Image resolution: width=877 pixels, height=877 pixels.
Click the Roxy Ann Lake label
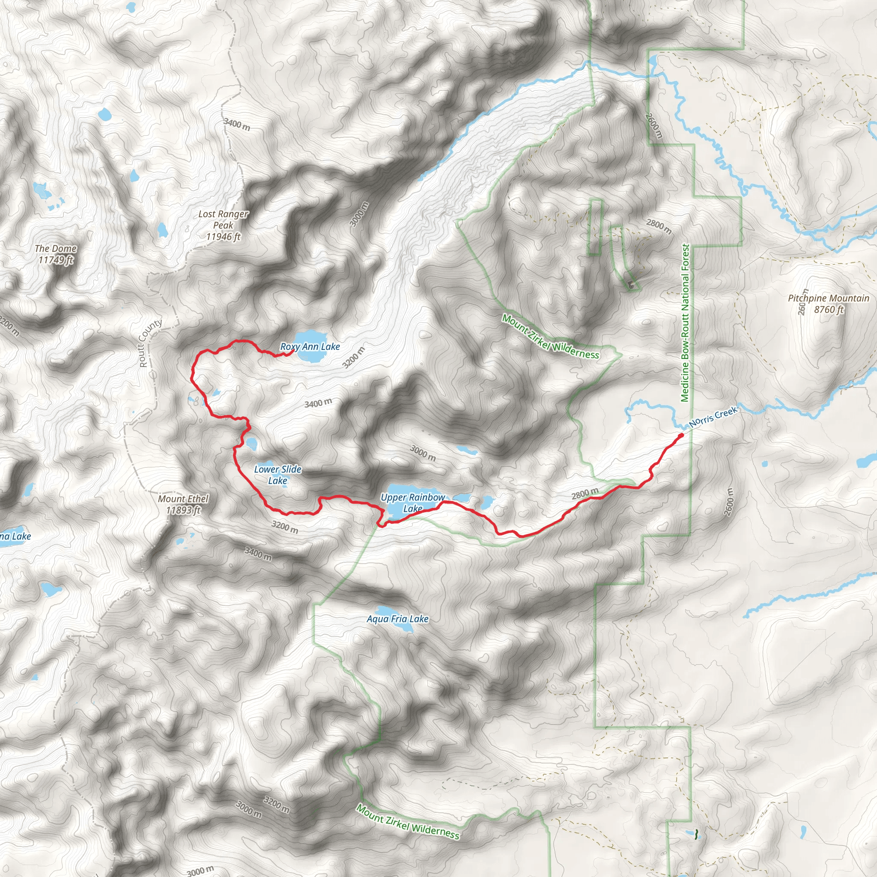tap(310, 347)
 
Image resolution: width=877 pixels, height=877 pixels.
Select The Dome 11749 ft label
tap(55, 254)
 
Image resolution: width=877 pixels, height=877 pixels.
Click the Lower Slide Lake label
tap(277, 475)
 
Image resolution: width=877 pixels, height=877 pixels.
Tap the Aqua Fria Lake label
tap(398, 619)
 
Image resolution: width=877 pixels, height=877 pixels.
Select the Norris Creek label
tap(713, 417)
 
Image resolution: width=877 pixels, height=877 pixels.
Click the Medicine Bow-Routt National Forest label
tap(686, 323)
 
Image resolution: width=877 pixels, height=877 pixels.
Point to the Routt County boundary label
tap(150, 343)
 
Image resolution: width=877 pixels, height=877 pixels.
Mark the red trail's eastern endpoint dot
tap(681, 436)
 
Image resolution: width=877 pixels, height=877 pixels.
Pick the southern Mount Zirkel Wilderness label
tap(407, 822)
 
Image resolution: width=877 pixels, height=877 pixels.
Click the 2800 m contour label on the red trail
tap(585, 493)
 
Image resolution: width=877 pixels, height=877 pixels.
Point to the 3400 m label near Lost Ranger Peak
tap(236, 124)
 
